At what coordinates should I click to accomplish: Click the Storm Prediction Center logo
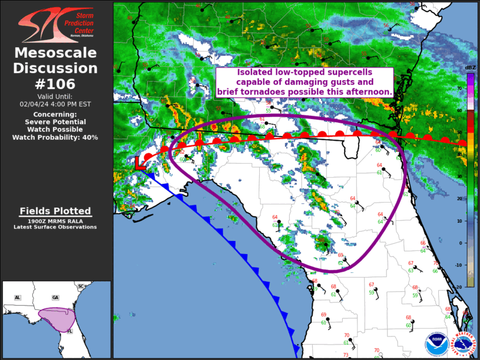[57, 24]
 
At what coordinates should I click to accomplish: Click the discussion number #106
[56, 84]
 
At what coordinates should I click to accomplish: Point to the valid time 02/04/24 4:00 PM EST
[56, 104]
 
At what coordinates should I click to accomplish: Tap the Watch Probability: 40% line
[56, 137]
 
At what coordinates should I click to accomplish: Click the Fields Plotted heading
[56, 211]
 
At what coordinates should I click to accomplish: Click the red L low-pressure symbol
[140, 163]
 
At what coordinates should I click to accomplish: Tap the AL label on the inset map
[18, 298]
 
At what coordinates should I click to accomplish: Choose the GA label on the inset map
[55, 298]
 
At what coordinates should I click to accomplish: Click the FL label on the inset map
[69, 331]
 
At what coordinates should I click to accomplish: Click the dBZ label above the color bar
[470, 68]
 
